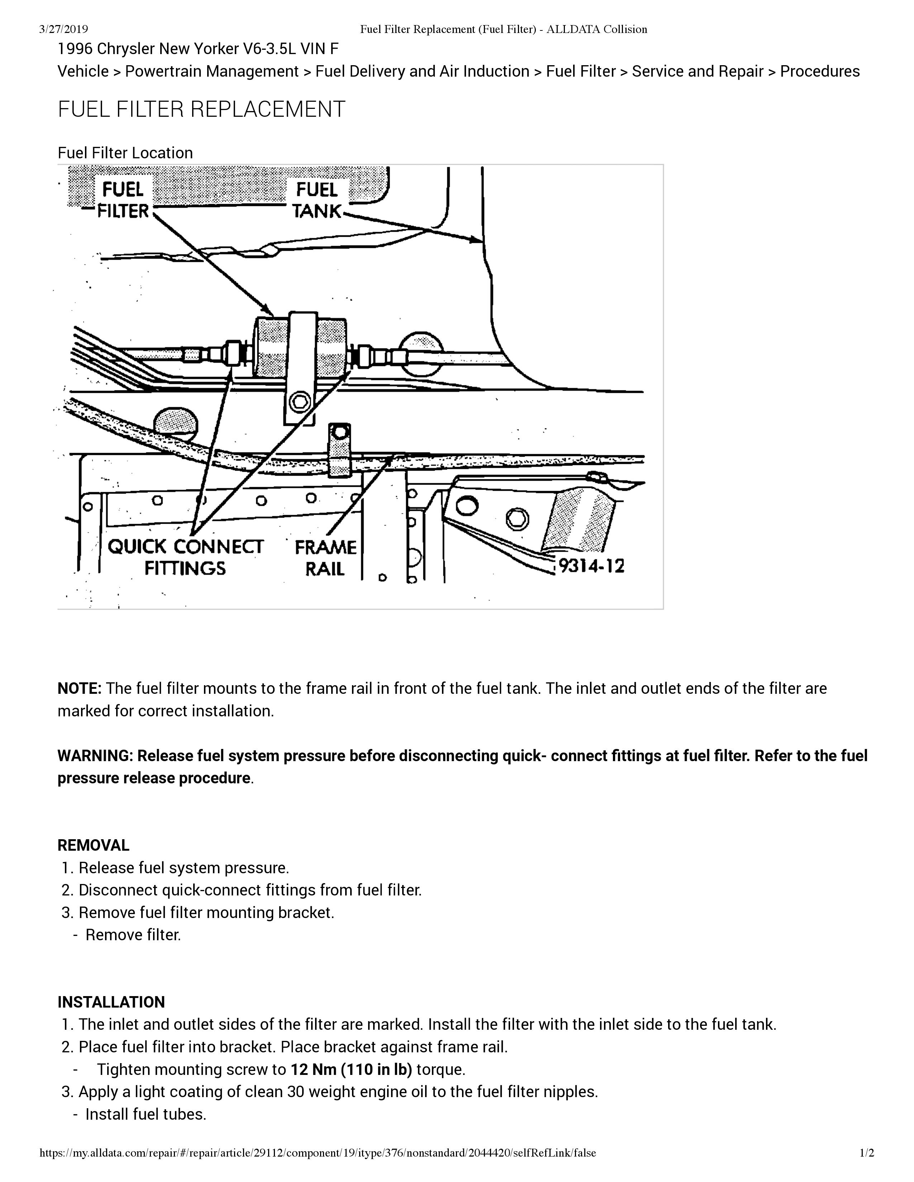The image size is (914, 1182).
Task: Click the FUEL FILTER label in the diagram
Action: pyautogui.click(x=123, y=200)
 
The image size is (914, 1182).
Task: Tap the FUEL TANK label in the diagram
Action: pyautogui.click(x=317, y=200)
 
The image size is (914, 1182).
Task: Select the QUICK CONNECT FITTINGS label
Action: pyautogui.click(x=185, y=557)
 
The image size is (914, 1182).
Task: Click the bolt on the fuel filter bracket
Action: pyautogui.click(x=299, y=402)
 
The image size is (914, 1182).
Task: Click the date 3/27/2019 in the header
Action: pyautogui.click(x=64, y=29)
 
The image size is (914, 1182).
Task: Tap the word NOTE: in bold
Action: pyautogui.click(x=80, y=688)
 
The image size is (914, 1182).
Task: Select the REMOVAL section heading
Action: pyautogui.click(x=94, y=845)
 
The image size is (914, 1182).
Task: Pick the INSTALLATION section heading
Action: pyautogui.click(x=111, y=1002)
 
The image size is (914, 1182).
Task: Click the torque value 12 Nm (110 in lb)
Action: pyautogui.click(x=351, y=1070)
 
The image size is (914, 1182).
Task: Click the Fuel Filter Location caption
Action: pyautogui.click(x=125, y=153)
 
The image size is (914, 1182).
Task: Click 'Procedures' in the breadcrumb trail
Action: pyautogui.click(x=820, y=71)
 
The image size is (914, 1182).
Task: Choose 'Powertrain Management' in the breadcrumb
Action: pyautogui.click(x=212, y=71)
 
